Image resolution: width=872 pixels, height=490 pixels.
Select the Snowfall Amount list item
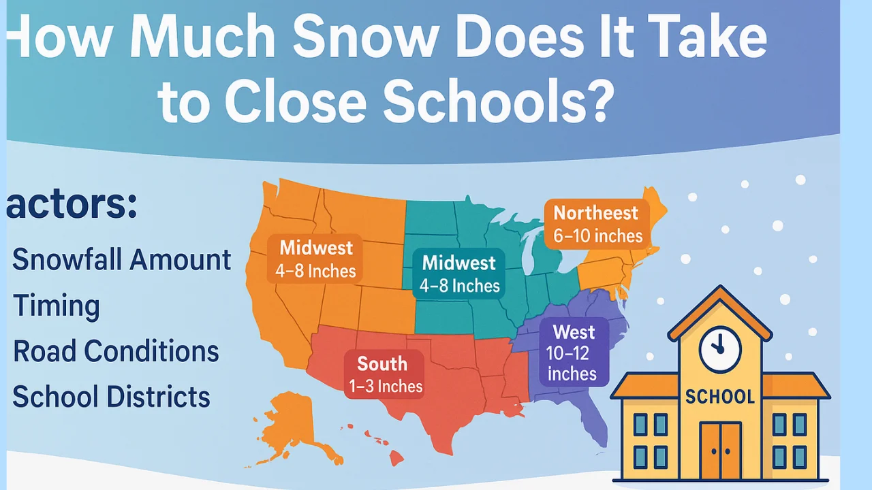tap(122, 260)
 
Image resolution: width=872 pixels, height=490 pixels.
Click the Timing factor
tap(57, 306)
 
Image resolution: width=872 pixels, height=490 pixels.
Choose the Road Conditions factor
tap(116, 351)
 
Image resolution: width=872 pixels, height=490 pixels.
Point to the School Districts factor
tap(111, 397)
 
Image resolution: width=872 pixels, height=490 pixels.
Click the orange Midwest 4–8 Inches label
tap(315, 259)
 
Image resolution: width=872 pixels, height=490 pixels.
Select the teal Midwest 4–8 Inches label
tap(460, 274)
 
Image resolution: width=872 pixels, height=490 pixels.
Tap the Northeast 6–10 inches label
tap(597, 224)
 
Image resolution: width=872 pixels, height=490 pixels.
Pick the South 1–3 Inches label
tap(385, 374)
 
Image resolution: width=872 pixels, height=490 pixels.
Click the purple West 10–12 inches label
tap(573, 353)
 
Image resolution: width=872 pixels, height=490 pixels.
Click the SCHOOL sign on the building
tap(720, 397)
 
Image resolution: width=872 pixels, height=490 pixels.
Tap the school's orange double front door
tap(720, 450)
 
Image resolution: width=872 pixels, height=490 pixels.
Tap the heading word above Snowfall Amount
tap(72, 205)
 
